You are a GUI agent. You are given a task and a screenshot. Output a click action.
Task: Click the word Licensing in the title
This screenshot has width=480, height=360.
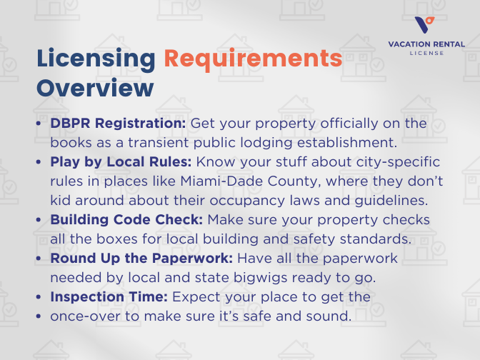click(95, 59)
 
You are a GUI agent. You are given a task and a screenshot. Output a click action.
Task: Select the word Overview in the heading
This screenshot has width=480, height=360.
click(95, 88)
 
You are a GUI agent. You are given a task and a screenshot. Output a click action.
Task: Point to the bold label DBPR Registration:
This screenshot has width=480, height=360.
click(118, 124)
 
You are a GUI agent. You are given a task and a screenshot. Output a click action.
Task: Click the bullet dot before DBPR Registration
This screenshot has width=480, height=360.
click(38, 124)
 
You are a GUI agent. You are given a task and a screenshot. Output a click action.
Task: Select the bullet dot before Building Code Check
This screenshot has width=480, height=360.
click(38, 220)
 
